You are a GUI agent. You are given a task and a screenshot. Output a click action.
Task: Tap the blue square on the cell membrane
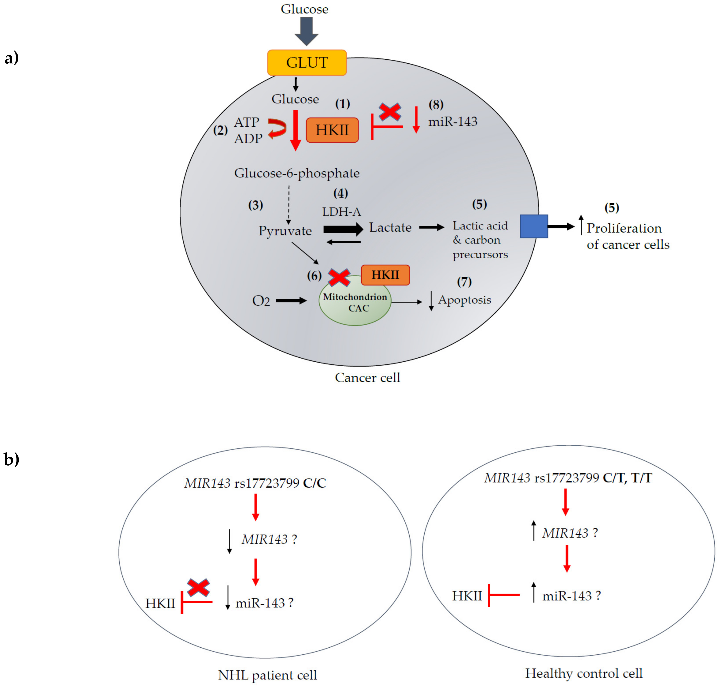pyautogui.click(x=534, y=226)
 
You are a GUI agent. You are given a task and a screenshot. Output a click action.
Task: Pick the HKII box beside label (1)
pyautogui.click(x=332, y=130)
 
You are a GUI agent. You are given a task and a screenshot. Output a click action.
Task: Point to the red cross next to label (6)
pyautogui.click(x=339, y=277)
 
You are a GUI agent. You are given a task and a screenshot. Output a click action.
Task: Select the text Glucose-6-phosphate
pyautogui.click(x=297, y=173)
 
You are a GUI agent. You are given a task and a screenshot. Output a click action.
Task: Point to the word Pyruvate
pyautogui.click(x=285, y=231)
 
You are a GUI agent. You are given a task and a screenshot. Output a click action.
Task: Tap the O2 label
pyautogui.click(x=261, y=301)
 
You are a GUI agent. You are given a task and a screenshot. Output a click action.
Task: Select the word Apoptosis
pyautogui.click(x=464, y=300)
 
